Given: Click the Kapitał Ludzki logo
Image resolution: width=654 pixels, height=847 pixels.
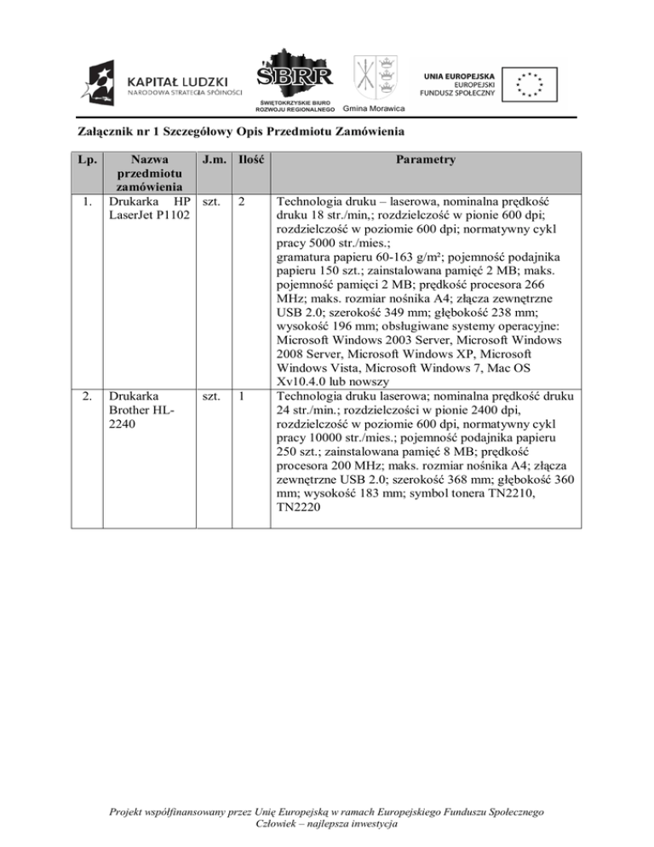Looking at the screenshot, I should pyautogui.click(x=162, y=84).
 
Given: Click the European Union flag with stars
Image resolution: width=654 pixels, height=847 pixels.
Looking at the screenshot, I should pyautogui.click(x=533, y=84).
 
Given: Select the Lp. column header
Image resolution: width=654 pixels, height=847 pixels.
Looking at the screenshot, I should pyautogui.click(x=83, y=160).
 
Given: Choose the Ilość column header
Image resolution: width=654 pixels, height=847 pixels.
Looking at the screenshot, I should pyautogui.click(x=249, y=160).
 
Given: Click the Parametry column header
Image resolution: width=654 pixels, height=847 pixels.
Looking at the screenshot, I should pyautogui.click(x=425, y=160).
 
